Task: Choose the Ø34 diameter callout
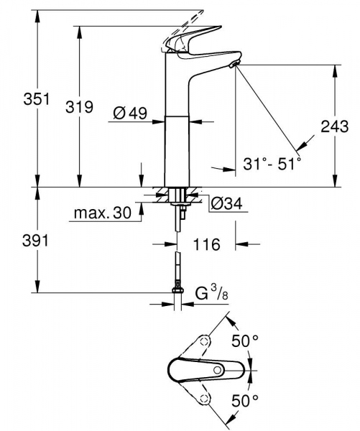coord(224,205)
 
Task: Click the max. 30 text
coord(103,213)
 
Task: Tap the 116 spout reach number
coord(206,245)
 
